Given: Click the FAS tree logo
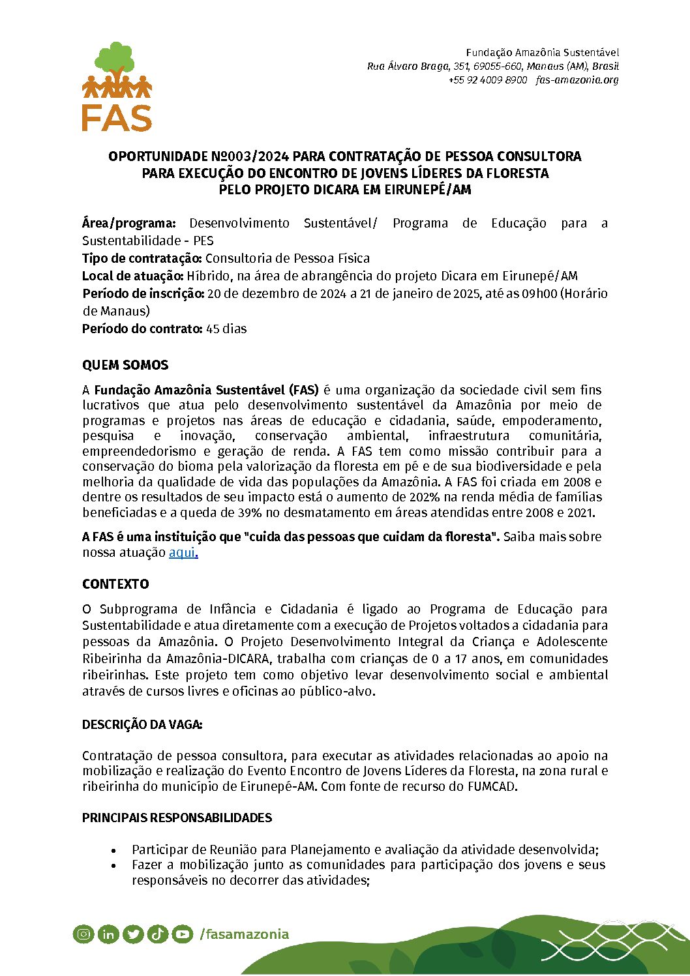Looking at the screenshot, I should [x=117, y=86].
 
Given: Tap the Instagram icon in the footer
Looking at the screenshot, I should [x=83, y=934].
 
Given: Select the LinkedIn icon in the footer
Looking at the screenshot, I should [x=108, y=934].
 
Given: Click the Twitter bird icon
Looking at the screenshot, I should [x=133, y=934].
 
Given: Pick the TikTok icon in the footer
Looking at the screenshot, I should [x=158, y=934].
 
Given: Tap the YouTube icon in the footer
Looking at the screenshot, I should [x=183, y=934].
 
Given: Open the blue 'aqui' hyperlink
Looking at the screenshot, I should [x=183, y=552].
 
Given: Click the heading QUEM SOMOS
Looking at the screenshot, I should [x=125, y=365].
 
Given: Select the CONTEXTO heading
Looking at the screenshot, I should [x=115, y=584].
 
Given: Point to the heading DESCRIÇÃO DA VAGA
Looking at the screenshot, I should [x=142, y=724].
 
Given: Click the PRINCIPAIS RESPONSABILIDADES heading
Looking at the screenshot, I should [x=177, y=818].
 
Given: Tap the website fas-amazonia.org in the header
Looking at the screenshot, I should [x=577, y=80].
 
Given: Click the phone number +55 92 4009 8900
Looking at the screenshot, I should [x=487, y=80].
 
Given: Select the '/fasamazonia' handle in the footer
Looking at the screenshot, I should [x=244, y=934].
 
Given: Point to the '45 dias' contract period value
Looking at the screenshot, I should [x=226, y=329].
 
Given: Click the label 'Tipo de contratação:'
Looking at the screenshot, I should [x=142, y=258].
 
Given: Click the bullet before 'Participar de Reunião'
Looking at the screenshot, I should [x=114, y=850].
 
